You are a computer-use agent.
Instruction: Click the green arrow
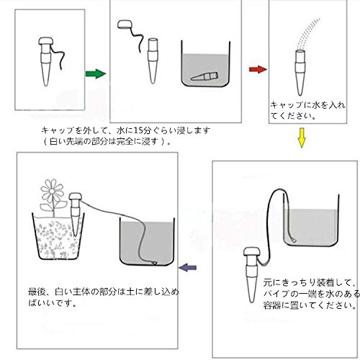tap(96, 73)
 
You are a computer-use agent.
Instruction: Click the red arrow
tap(258, 69)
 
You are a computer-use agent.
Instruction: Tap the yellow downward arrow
tap(302, 138)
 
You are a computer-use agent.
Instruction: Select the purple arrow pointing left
tap(188, 267)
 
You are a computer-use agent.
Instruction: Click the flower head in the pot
tap(52, 191)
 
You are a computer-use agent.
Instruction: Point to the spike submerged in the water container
tap(204, 76)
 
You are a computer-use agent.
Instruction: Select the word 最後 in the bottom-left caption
tap(36, 292)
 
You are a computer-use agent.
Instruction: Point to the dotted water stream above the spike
tap(308, 33)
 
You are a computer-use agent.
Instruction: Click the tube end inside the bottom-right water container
tap(293, 240)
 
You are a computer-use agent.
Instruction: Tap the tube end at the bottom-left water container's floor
tap(153, 263)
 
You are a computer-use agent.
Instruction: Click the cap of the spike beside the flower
tap(76, 197)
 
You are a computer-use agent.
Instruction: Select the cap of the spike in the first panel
tap(46, 42)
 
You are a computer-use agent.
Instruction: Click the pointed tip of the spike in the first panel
tap(46, 85)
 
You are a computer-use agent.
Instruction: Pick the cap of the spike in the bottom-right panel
tap(251, 253)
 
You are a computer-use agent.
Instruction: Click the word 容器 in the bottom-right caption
tap(272, 305)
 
